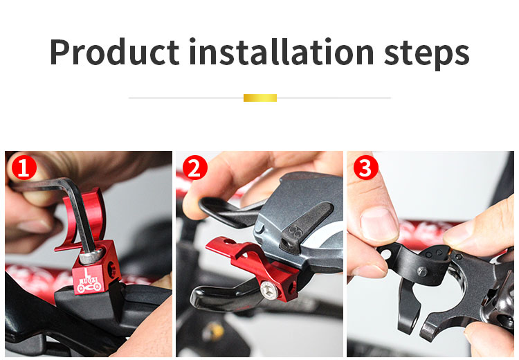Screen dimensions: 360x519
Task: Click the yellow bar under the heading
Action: pos(259,98)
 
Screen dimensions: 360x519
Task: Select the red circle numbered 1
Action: pos(23,168)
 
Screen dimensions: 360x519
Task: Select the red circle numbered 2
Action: pos(194,168)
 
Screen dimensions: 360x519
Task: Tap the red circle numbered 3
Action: pos(365,168)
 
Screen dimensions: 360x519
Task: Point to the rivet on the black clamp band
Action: pos(421,271)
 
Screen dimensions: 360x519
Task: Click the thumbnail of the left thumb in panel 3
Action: pos(379,224)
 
